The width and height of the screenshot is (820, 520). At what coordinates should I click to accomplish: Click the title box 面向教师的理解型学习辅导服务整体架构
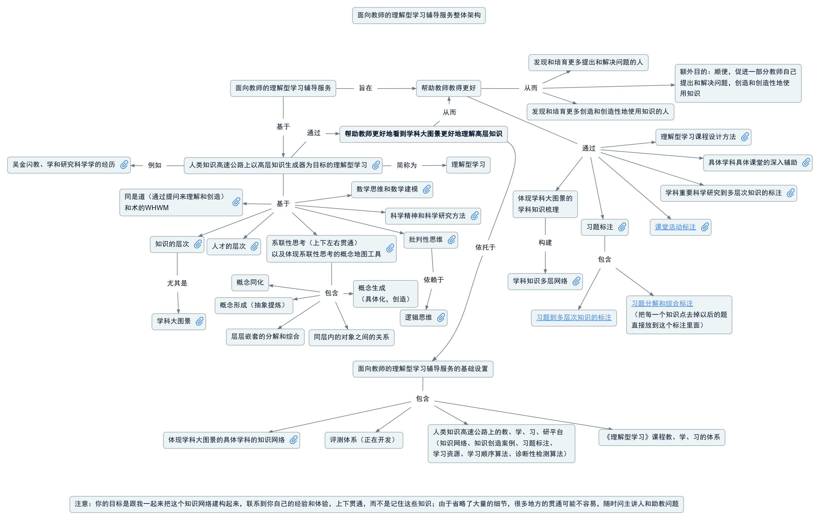click(x=419, y=15)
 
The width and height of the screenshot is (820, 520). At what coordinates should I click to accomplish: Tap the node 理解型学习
click(x=468, y=165)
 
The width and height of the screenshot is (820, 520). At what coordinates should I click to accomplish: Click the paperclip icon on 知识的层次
click(x=198, y=244)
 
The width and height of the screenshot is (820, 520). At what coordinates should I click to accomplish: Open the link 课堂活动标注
click(x=675, y=227)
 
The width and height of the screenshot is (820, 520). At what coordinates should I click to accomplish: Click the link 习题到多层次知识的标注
click(x=573, y=317)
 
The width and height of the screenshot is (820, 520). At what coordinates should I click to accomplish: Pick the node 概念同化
click(x=250, y=283)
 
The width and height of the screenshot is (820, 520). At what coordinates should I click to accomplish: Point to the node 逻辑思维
click(x=418, y=318)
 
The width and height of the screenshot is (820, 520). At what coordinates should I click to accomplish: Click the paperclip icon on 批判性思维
click(x=452, y=240)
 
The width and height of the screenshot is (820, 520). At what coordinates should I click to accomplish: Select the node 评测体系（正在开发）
click(x=363, y=440)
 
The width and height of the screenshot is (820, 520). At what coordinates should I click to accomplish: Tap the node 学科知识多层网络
click(x=540, y=281)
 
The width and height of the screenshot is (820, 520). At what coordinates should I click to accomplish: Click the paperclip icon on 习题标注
click(x=622, y=227)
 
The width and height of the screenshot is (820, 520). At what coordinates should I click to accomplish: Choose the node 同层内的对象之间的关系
click(x=351, y=337)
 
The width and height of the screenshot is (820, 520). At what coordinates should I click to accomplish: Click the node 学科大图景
click(x=174, y=321)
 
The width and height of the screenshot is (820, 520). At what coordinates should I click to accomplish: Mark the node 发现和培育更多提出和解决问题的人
click(x=588, y=62)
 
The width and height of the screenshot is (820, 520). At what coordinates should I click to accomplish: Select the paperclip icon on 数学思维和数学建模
click(x=426, y=189)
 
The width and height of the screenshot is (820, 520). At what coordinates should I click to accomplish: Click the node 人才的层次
click(x=229, y=247)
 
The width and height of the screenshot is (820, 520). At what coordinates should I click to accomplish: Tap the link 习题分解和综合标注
click(x=662, y=303)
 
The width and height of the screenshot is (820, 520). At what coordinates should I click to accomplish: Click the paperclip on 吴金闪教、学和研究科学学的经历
click(x=124, y=165)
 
